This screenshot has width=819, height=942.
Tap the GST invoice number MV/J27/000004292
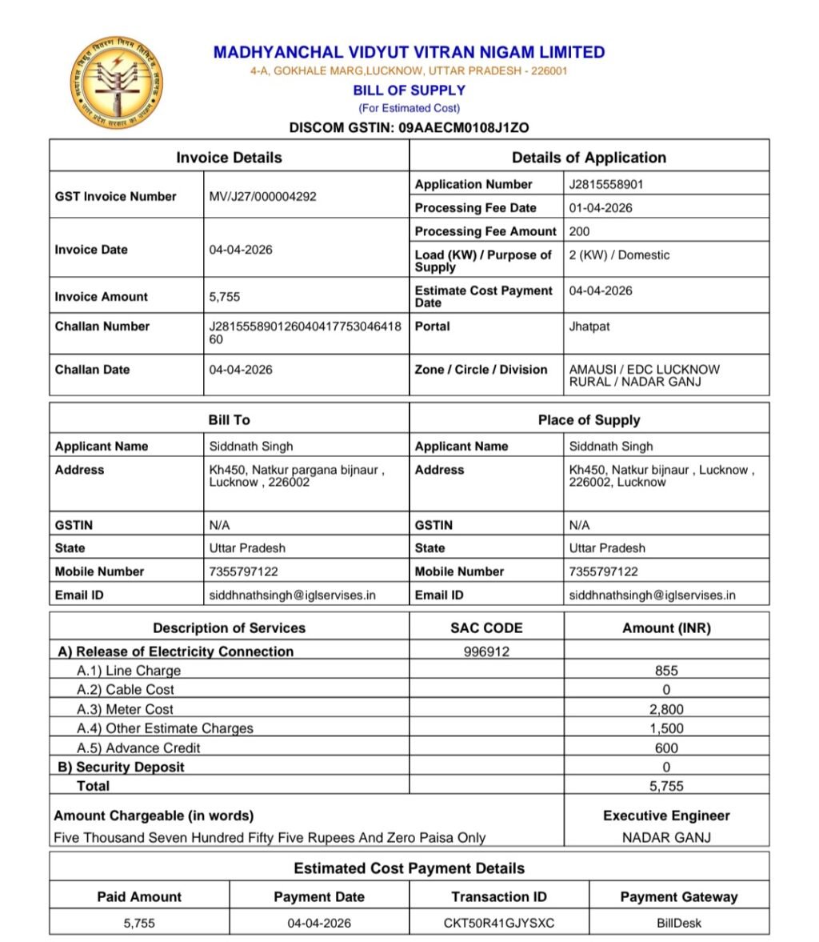(262, 196)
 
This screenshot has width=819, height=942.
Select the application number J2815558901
(606, 184)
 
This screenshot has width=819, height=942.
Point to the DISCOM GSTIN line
(409, 127)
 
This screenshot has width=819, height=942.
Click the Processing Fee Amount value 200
(579, 231)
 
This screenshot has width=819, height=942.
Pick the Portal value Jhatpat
(589, 327)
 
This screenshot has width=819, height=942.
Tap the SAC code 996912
(486, 651)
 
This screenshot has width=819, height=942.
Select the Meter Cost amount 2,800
(666, 709)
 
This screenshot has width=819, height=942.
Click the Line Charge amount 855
(666, 671)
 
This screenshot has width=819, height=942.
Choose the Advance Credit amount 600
(666, 748)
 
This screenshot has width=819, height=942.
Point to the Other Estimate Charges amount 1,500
(666, 728)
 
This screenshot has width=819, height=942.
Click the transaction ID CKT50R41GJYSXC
(498, 923)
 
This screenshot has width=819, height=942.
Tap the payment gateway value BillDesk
(678, 923)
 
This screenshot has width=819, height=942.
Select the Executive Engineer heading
(666, 816)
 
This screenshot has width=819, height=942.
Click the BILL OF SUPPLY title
(409, 90)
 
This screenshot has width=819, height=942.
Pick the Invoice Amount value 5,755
(225, 296)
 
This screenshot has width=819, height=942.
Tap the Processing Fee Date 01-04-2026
(601, 207)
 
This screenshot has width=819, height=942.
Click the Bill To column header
(229, 419)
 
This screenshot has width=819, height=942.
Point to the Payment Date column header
(318, 897)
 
